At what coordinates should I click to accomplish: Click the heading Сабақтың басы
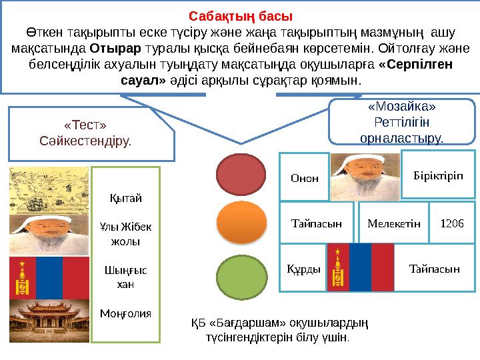pos(240,15)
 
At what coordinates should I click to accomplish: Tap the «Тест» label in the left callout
pos(85,125)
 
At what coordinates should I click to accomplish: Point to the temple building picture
pos(49,321)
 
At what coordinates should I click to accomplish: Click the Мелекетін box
pos(393,223)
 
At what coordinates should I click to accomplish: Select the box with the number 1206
pos(453,223)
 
